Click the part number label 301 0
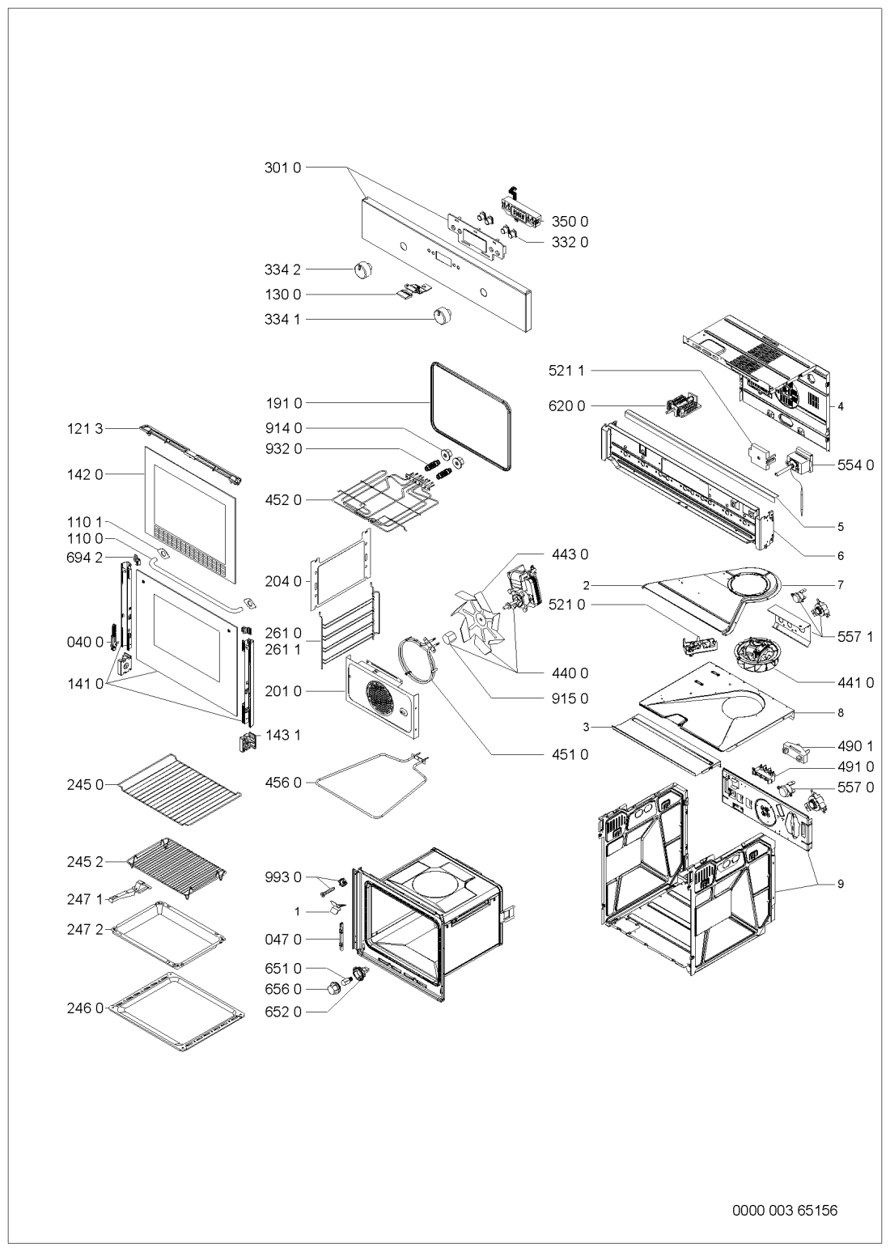click(x=282, y=167)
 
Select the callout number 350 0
click(x=570, y=222)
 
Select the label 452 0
click(x=282, y=500)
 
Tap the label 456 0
click(x=282, y=783)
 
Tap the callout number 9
click(x=841, y=884)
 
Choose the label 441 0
click(x=855, y=682)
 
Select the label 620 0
click(x=566, y=406)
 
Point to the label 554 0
click(x=855, y=465)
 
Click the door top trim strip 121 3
click(x=190, y=454)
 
